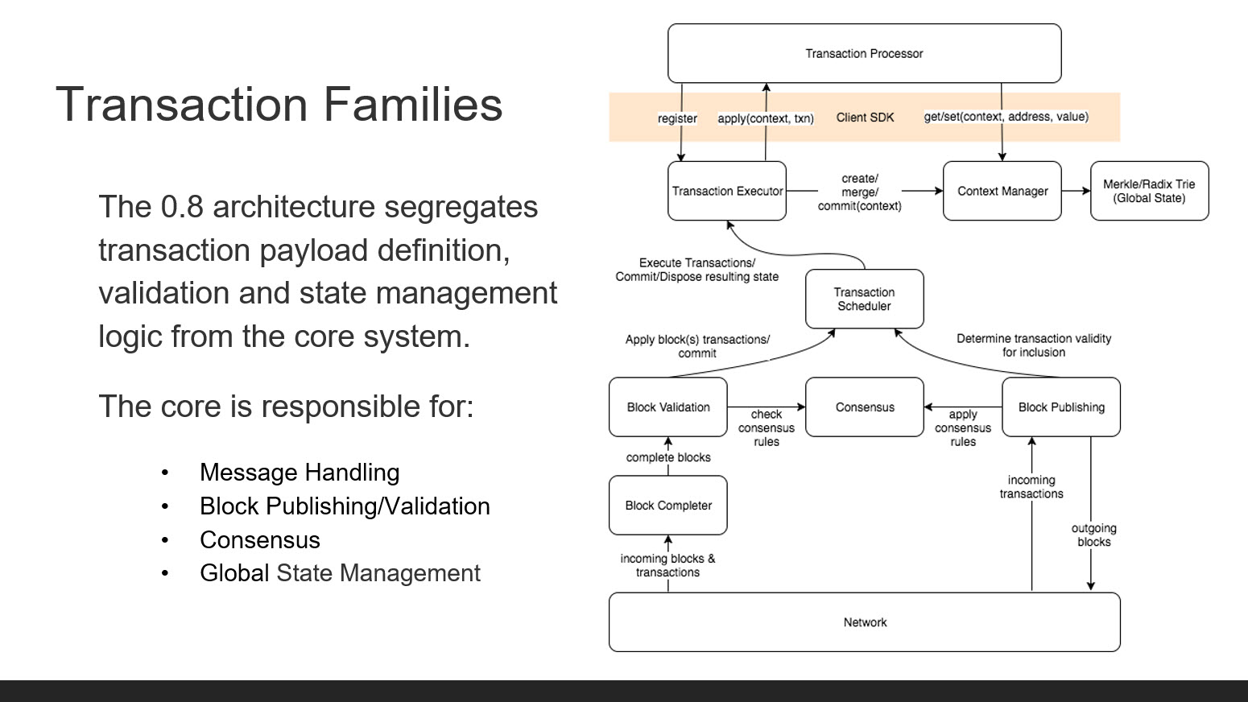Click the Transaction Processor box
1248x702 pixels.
[864, 53]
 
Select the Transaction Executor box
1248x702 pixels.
[727, 191]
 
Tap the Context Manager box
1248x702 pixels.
[1002, 191]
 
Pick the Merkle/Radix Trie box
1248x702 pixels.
[1150, 191]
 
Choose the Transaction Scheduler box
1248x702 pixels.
[864, 299]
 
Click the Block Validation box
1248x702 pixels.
[668, 407]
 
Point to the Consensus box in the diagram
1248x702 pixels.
[865, 407]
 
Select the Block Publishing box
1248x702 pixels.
[1061, 407]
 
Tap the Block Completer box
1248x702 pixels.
[668, 506]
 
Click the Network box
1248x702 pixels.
[865, 622]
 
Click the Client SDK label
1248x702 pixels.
[865, 118]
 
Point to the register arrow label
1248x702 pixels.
[677, 118]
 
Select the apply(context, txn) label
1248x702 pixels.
[766, 118]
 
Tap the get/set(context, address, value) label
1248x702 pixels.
[1006, 117]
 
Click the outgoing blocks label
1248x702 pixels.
[1093, 535]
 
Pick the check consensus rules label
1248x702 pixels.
[766, 428]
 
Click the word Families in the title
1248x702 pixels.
[413, 104]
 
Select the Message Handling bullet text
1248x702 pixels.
[300, 473]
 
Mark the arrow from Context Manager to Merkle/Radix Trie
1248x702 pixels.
[1076, 191]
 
